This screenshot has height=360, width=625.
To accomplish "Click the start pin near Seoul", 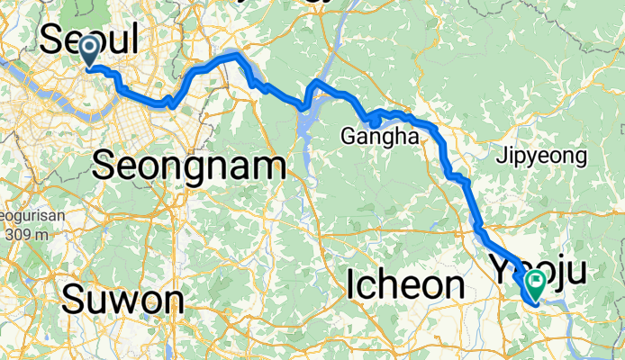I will pyautogui.click(x=91, y=49).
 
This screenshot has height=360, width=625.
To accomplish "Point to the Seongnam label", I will pyautogui.click(x=189, y=166).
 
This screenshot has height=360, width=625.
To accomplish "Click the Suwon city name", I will pyautogui.click(x=122, y=299).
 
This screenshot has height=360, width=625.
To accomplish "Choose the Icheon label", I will pyautogui.click(x=405, y=286).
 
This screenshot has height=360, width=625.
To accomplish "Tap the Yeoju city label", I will pyautogui.click(x=540, y=268).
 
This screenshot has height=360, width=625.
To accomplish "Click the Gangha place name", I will pyautogui.click(x=380, y=138).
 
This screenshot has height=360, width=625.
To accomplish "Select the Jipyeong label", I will pyautogui.click(x=541, y=157).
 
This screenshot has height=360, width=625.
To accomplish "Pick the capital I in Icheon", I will pyautogui.click(x=351, y=286).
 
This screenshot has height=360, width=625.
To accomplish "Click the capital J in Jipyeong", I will pyautogui.click(x=501, y=157).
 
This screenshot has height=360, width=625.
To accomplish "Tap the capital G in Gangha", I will pyautogui.click(x=347, y=138).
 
